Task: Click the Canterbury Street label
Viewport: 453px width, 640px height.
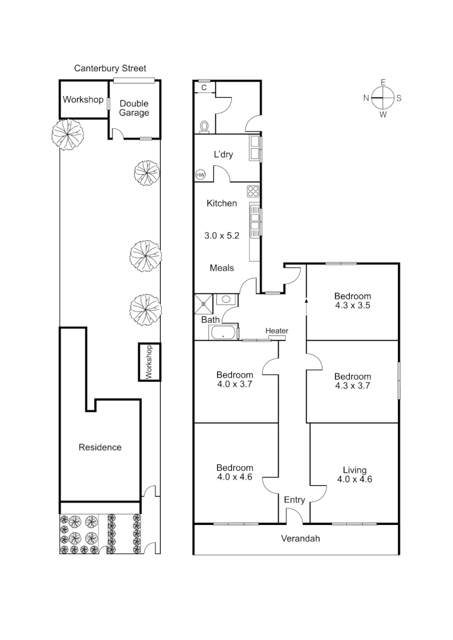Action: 110,69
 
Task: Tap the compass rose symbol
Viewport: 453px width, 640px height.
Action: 383,98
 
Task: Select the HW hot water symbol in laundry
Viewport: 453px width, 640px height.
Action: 200,175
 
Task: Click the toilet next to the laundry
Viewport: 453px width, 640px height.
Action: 205,126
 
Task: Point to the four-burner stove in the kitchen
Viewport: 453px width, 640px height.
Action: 253,191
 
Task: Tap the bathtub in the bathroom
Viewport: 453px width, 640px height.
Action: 223,332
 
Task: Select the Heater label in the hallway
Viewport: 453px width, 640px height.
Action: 277,331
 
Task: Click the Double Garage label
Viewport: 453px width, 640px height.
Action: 134,108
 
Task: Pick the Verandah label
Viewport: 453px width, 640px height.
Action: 300,539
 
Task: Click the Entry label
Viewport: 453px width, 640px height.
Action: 294,500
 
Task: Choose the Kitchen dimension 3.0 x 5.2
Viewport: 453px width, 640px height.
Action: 221,235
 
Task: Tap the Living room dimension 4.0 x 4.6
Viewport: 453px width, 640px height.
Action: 355,480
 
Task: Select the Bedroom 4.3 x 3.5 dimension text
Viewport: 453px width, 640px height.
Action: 352,306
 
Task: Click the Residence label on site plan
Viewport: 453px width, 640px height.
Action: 100,447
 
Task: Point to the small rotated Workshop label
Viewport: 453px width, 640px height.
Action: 149,361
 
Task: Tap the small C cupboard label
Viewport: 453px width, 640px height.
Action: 204,88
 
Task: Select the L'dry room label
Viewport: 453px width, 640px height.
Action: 223,155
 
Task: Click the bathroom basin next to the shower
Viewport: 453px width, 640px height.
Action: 225,299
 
